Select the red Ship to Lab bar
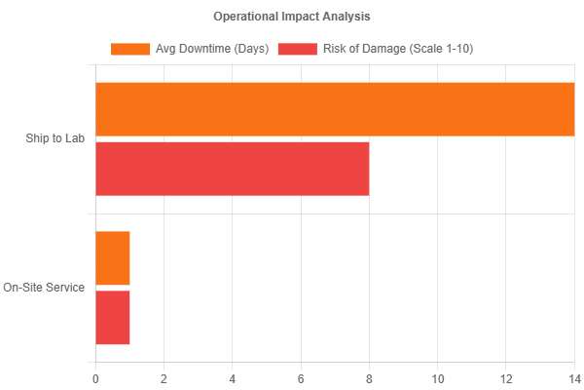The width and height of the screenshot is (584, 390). click(x=233, y=169)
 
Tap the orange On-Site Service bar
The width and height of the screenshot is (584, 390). click(x=113, y=258)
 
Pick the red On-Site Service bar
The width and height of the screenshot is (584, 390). click(x=113, y=318)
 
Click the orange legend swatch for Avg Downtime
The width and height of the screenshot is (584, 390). click(x=130, y=49)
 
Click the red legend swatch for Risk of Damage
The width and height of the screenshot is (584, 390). click(x=297, y=49)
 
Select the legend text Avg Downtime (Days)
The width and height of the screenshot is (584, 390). click(x=212, y=49)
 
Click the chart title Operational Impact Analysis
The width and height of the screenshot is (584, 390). click(x=292, y=17)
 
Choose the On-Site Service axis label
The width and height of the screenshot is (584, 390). click(x=45, y=288)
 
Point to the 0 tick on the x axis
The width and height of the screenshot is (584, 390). click(x=95, y=375)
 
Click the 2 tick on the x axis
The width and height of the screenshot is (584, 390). click(x=164, y=375)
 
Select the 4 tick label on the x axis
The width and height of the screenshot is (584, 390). click(x=233, y=375)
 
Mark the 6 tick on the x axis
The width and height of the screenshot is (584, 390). click(x=301, y=375)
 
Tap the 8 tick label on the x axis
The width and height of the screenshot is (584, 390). click(x=369, y=375)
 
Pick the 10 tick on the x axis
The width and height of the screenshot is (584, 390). click(x=438, y=375)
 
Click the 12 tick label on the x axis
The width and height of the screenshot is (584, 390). click(x=506, y=375)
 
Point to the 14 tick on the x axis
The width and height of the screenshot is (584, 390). click(x=572, y=375)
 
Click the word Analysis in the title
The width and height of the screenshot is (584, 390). click(x=346, y=17)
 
